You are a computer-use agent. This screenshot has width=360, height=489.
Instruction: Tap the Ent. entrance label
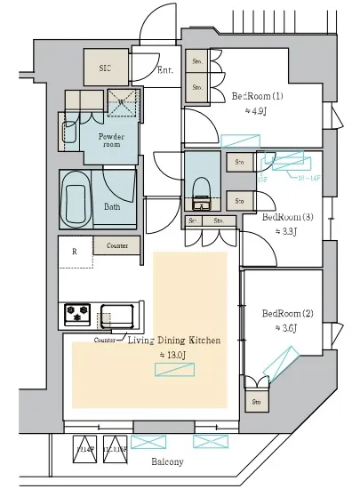tap(165, 69)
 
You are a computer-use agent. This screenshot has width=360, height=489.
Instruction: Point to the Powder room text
tap(111, 139)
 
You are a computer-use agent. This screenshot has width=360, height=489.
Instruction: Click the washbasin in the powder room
tap(69, 133)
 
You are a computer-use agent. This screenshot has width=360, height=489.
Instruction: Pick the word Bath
tap(112, 206)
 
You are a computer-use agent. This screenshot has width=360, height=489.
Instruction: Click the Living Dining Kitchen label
tap(173, 341)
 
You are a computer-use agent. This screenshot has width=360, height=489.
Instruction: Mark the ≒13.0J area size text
tap(172, 355)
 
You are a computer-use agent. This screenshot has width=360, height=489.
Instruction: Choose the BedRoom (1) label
tap(258, 96)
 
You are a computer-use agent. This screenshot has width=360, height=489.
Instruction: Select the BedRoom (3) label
tap(287, 216)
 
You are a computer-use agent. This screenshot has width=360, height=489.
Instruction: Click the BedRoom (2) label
tap(287, 313)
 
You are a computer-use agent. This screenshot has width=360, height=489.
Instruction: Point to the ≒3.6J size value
tap(284, 328)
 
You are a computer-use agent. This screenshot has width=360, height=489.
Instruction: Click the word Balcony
tap(167, 462)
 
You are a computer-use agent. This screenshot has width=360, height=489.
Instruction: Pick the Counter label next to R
tap(116, 245)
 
